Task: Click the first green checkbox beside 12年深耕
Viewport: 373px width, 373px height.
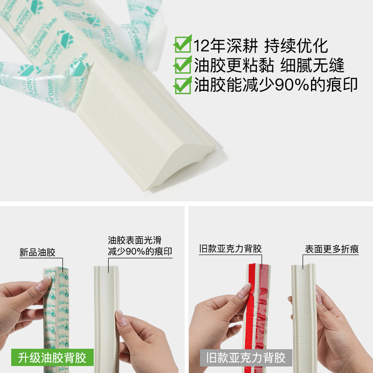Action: point(182,45)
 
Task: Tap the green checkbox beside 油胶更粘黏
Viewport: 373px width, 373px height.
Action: point(182,65)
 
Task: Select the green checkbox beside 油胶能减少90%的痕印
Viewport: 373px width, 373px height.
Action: point(182,84)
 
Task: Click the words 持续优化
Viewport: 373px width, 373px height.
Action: point(296,45)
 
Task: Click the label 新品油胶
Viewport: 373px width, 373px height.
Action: point(37,253)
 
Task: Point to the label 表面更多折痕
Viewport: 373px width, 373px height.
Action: point(332,249)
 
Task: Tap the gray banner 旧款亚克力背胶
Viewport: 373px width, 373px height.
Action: point(246,358)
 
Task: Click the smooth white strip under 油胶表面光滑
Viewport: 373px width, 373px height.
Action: point(108,308)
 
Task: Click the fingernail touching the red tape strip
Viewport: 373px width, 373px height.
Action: point(244,291)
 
